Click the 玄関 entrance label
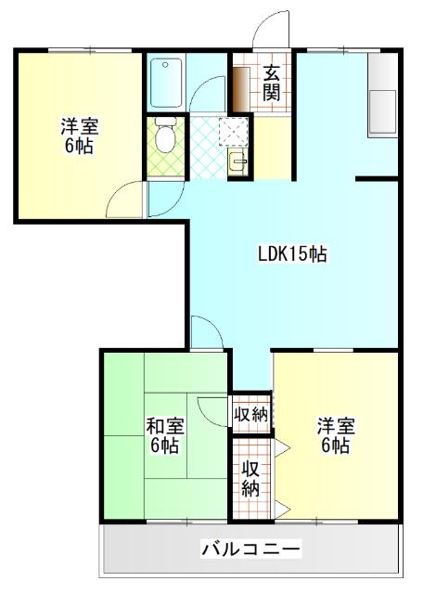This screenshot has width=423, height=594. [x=272, y=82]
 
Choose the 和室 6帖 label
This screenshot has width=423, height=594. [x=164, y=435]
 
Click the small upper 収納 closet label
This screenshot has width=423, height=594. [x=250, y=414]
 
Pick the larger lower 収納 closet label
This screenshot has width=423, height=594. [x=250, y=479]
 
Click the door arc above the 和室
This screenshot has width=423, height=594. [x=206, y=330]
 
